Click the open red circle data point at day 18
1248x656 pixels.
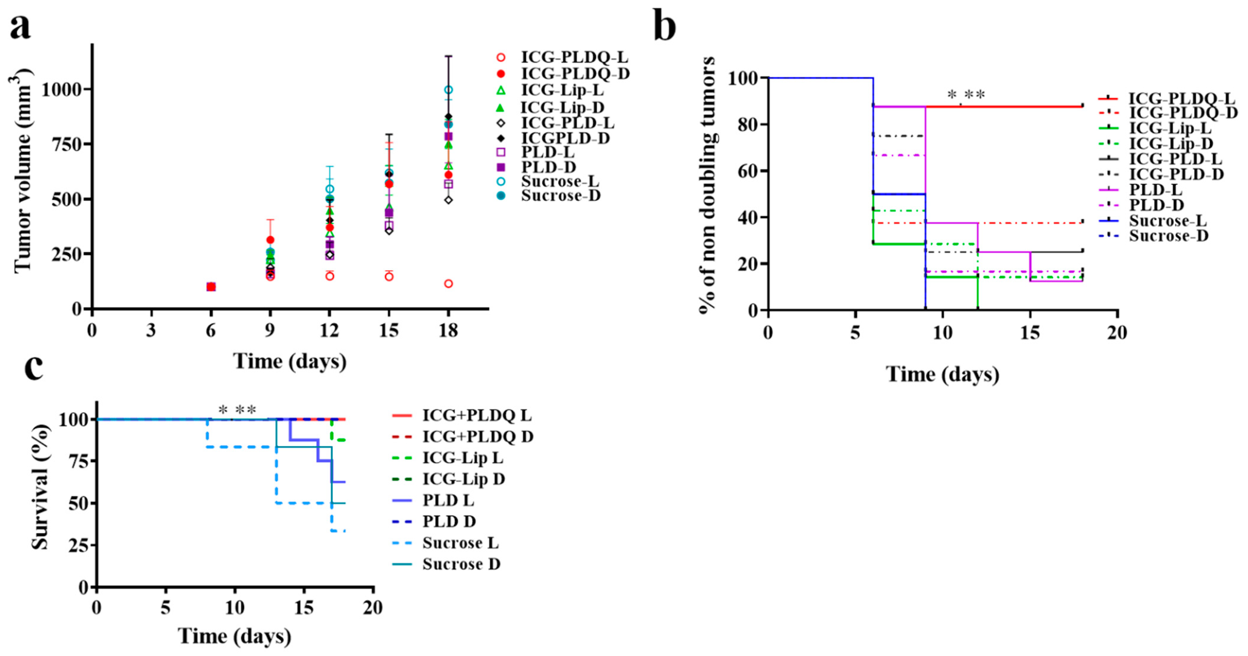449,283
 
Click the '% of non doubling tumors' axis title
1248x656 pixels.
708,185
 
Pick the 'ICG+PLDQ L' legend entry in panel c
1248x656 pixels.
477,415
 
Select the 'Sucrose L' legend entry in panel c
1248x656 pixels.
460,543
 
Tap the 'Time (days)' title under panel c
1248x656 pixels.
234,636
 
